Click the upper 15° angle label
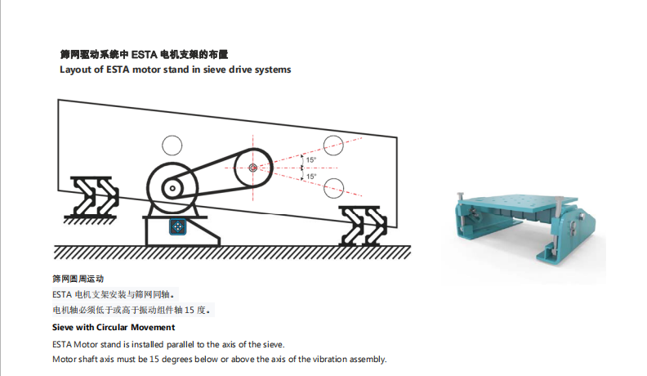pos(311,160)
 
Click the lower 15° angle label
pos(311,177)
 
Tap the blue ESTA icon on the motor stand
pos(177,226)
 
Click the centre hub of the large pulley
pos(253,168)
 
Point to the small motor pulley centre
pos(172,189)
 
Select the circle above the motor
pos(172,145)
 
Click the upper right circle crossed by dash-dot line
pos(333,145)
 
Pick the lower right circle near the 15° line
pos(333,189)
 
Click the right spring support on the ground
pos(362,226)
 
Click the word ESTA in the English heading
pos(118,69)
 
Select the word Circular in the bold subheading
pos(111,327)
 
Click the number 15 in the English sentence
pos(154,359)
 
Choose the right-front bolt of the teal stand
pos(558,224)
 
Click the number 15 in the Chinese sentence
pos(189,310)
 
